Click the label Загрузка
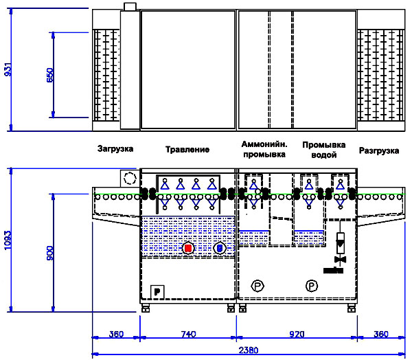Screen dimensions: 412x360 click(115, 149)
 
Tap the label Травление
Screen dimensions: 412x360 click(187, 150)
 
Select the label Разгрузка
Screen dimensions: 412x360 click(379, 150)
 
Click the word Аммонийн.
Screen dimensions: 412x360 click(264, 144)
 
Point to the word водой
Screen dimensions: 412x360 click(323, 155)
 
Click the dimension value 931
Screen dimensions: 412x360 click(8, 69)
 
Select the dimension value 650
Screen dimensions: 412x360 click(50, 75)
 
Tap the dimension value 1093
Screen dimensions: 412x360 click(8, 240)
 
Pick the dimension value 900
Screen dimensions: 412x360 click(50, 253)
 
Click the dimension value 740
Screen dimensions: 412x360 click(188, 334)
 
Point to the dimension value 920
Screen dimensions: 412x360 click(297, 334)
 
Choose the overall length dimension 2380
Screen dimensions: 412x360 click(249, 350)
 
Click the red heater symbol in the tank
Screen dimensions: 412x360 click(188, 248)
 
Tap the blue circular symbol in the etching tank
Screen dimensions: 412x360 click(220, 248)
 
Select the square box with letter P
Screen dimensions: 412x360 click(157, 292)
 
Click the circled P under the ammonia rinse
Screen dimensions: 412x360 click(257, 286)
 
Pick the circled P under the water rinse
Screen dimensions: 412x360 click(312, 286)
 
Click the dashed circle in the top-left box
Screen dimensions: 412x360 click(130, 179)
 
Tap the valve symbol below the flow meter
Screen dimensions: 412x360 click(341, 260)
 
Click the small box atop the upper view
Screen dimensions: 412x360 click(130, 7)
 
